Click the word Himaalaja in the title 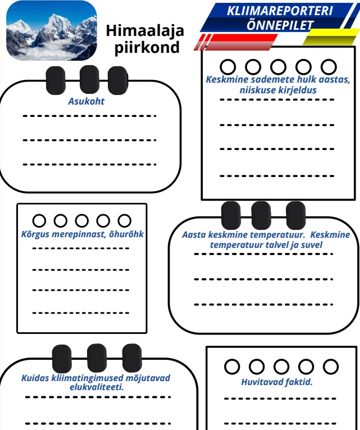click(145, 30)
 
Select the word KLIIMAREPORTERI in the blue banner click(280, 11)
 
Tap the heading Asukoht click(86, 102)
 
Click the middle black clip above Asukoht click(90, 80)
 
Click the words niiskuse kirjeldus click(277, 89)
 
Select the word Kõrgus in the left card click(34, 233)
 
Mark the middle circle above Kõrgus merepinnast click(81, 220)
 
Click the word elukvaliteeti click(97, 387)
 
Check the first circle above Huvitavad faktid click(232, 366)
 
